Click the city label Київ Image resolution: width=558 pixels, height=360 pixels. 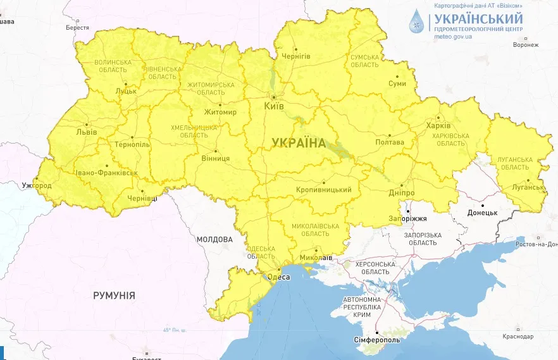[274, 106]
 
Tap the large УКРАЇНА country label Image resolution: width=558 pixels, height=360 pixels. [299, 143]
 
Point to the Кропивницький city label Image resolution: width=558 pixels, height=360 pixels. [323, 190]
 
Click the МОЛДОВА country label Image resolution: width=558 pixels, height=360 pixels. [214, 240]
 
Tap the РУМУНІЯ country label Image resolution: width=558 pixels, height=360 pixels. [114, 295]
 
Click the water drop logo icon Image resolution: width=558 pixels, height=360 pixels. [418, 22]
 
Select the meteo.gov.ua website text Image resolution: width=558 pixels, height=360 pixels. [452, 36]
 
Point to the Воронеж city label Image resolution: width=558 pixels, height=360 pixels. [526, 45]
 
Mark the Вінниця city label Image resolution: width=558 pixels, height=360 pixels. [216, 159]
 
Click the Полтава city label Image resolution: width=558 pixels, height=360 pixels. [390, 142]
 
